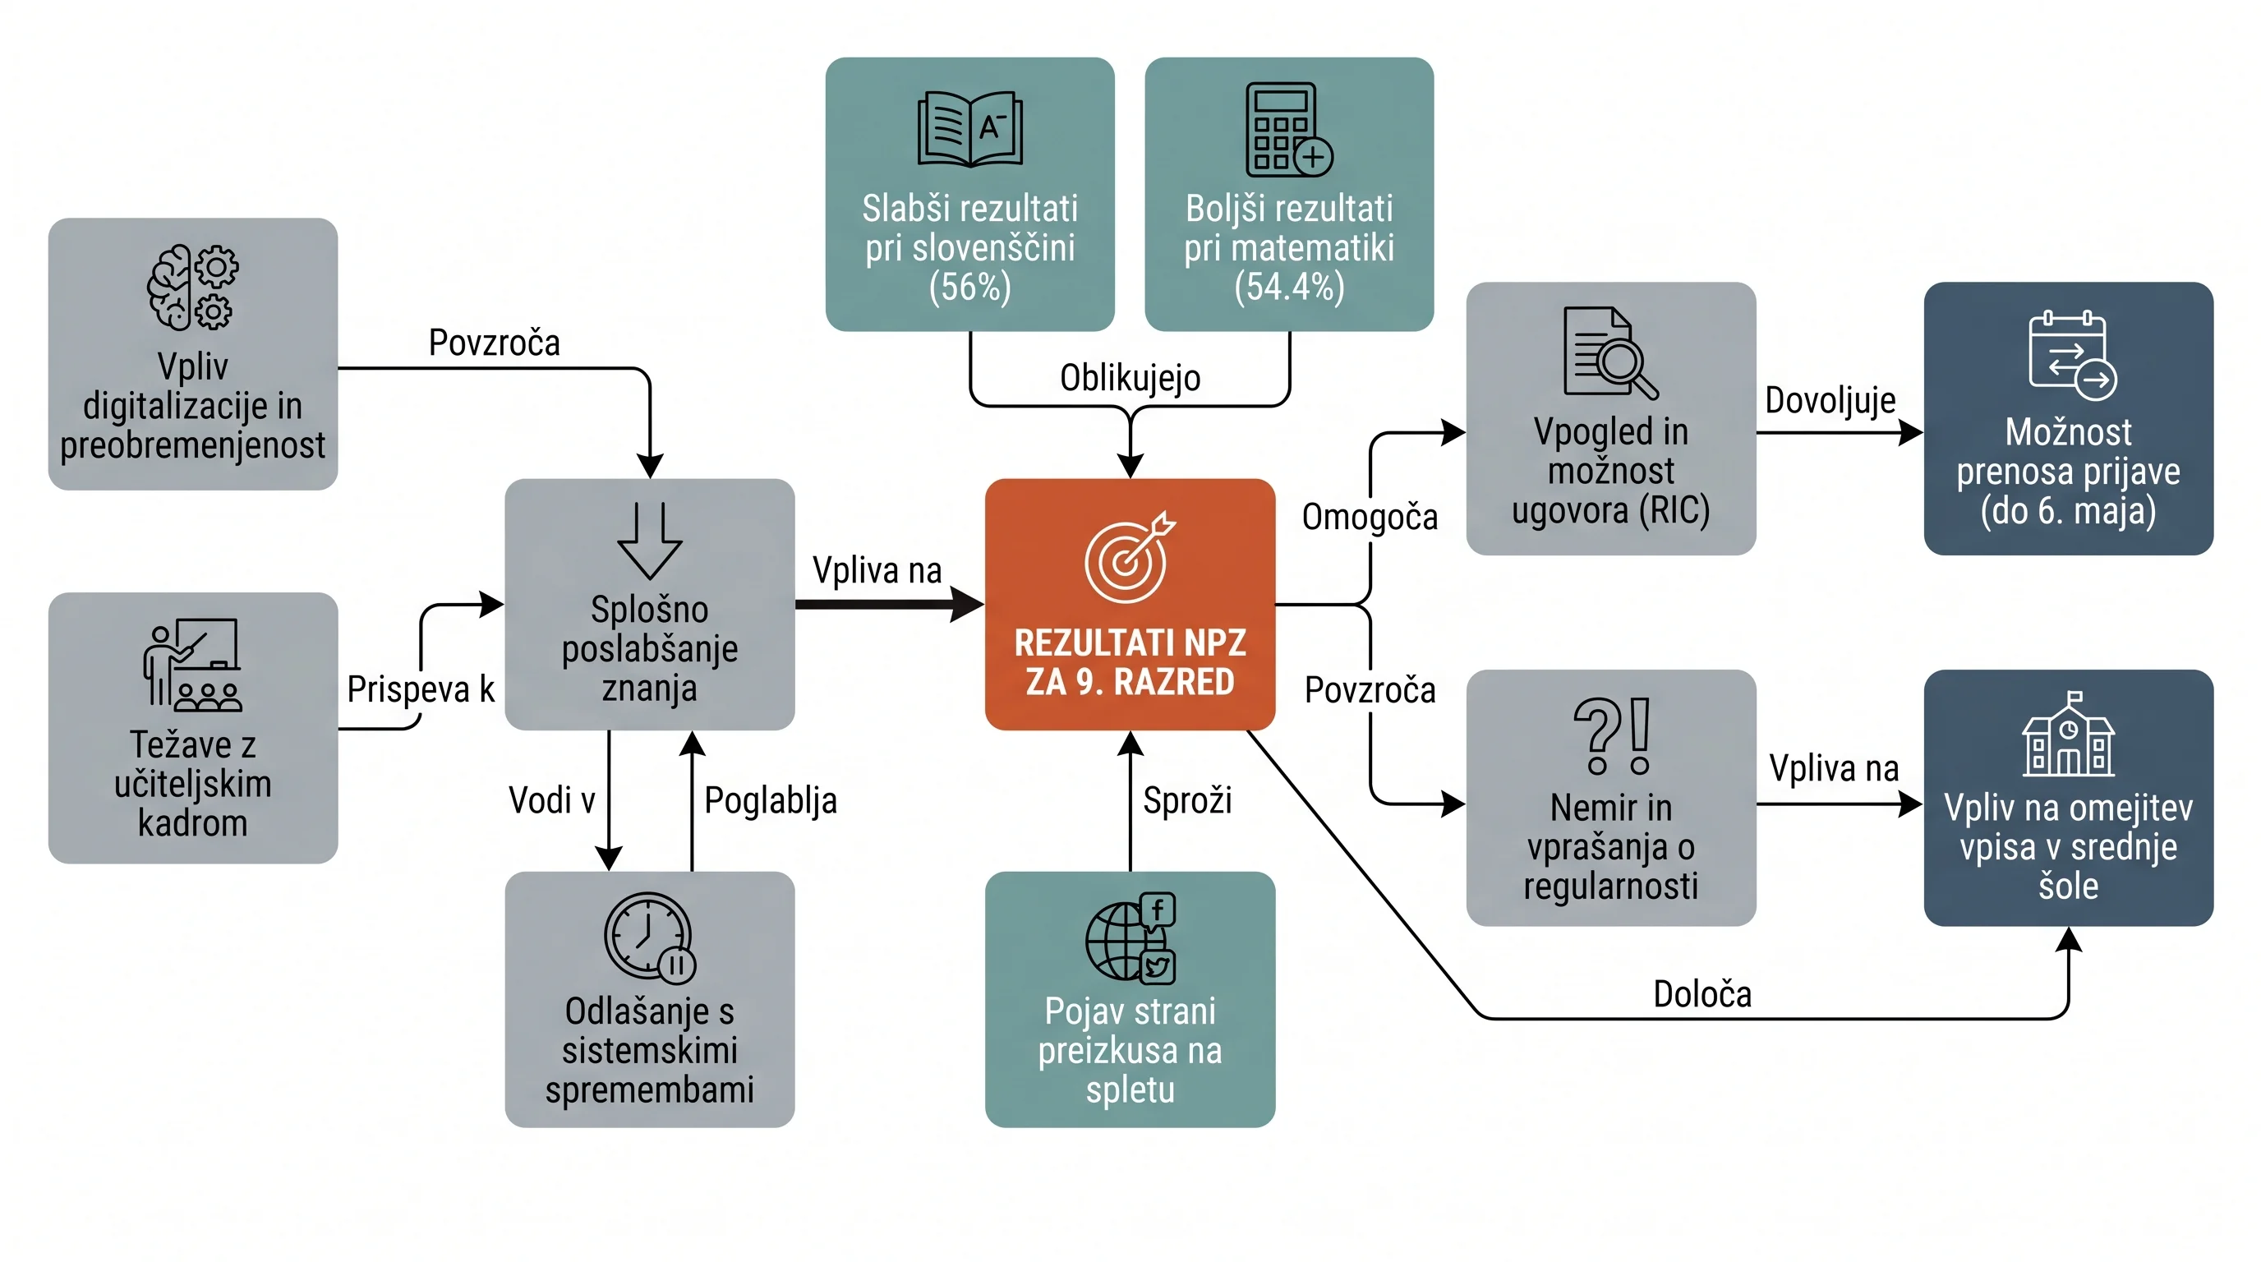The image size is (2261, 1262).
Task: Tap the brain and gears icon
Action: coord(192,287)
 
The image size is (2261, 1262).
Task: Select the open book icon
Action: coord(969,129)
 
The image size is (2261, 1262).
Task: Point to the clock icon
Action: coord(650,937)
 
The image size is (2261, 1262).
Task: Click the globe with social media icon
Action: coord(1130,937)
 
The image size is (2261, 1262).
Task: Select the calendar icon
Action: coord(2072,355)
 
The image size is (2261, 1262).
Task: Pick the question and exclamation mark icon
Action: coord(1611,735)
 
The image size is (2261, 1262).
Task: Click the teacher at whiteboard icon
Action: coord(192,665)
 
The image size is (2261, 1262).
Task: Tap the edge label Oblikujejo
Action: coord(1130,378)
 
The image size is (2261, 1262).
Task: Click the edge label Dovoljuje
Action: coord(1830,400)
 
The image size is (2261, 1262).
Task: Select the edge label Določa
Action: coord(1702,994)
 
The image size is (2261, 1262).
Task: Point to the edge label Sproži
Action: coord(1186,800)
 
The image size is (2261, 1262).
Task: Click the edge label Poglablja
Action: coord(770,800)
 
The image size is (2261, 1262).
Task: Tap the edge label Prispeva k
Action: coord(421,690)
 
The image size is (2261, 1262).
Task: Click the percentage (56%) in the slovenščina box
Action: coord(969,287)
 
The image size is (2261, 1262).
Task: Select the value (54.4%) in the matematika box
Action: coord(1288,287)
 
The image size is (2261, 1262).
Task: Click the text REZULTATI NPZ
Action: coord(1130,643)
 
